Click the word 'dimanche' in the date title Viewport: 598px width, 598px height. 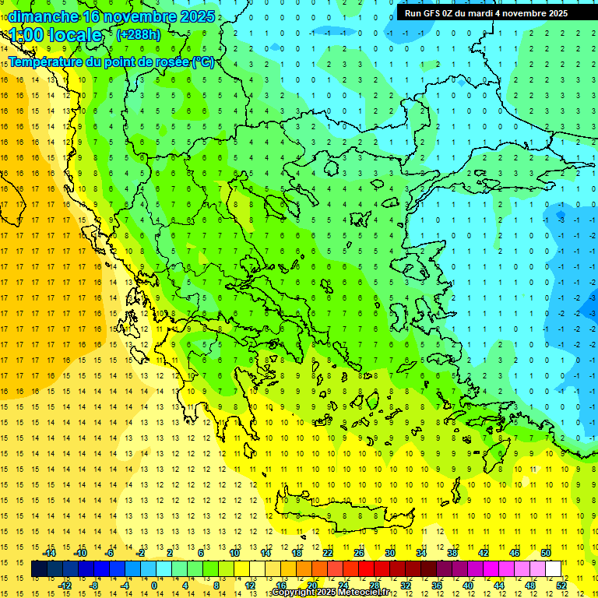click(x=42, y=16)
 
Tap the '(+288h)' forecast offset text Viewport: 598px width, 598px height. click(x=138, y=34)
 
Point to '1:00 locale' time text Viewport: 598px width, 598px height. click(x=55, y=35)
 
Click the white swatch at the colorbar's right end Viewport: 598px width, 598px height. click(x=554, y=569)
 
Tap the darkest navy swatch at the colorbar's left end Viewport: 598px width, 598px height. click(x=40, y=569)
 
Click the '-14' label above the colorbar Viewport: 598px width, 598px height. click(x=49, y=553)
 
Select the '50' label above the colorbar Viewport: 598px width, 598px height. click(x=545, y=553)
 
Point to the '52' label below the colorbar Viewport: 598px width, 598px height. click(x=561, y=586)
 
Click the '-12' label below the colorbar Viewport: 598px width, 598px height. click(x=65, y=586)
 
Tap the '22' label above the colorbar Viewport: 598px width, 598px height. click(x=328, y=553)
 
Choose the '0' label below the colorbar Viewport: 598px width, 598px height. click(x=153, y=586)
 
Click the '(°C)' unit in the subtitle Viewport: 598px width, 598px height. click(x=203, y=62)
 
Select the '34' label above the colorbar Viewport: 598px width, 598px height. click(x=420, y=553)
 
